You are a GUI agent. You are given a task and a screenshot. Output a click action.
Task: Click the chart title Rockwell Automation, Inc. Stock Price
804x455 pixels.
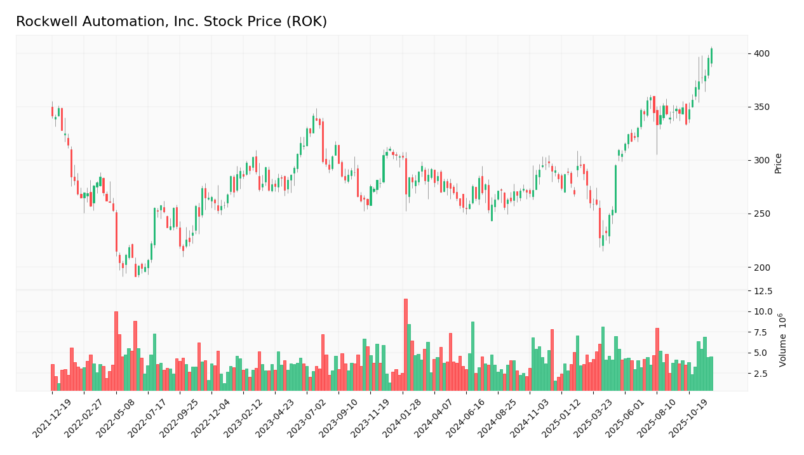[171, 22]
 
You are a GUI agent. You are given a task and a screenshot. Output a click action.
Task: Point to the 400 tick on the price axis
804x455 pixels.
[762, 53]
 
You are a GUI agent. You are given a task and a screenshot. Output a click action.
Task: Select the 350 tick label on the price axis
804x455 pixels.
[762, 107]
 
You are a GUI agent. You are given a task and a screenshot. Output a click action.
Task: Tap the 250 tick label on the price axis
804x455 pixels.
[762, 214]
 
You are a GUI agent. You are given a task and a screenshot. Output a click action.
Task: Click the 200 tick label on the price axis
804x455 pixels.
[762, 268]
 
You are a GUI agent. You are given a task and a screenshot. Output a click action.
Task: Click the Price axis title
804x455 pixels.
[779, 163]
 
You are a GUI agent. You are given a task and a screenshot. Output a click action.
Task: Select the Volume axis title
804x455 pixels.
[783, 339]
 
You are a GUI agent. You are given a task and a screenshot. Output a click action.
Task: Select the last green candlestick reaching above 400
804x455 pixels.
[711, 56]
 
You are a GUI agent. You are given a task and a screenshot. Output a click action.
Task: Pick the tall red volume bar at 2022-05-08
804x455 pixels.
[116, 351]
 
